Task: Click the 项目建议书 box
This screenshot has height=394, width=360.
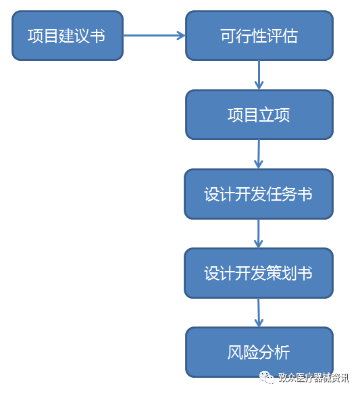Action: coord(68,35)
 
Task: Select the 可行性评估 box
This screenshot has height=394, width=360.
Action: coord(259,35)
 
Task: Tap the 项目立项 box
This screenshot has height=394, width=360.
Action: coord(259,115)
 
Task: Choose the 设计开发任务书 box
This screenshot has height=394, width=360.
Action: coord(259,194)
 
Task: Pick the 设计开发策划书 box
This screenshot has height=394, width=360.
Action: coord(259,273)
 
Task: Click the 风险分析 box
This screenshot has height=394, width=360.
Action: coord(259,352)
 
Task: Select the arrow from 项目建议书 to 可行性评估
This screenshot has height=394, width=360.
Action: coord(154,35)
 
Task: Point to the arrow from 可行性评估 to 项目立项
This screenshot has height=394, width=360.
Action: coord(259,75)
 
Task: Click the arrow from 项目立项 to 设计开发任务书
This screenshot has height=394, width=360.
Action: coord(259,154)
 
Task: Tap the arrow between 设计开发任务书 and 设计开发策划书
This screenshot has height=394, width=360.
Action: coord(258,233)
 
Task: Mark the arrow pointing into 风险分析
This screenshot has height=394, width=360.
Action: coord(259,313)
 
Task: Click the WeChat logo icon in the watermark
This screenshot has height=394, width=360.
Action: coord(267,378)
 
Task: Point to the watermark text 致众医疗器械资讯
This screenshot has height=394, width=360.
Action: coord(313,378)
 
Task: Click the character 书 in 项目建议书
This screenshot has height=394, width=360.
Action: coord(97,36)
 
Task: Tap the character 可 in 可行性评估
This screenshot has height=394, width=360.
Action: coord(228,36)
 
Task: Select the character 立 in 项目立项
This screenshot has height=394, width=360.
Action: coord(267,115)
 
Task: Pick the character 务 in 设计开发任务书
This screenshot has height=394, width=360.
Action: coord(290,194)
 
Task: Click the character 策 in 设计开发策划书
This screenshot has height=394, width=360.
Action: coord(274,273)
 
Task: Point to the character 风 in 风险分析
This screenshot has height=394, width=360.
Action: coord(236,352)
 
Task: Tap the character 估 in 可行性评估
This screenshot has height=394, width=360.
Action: coord(290,36)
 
